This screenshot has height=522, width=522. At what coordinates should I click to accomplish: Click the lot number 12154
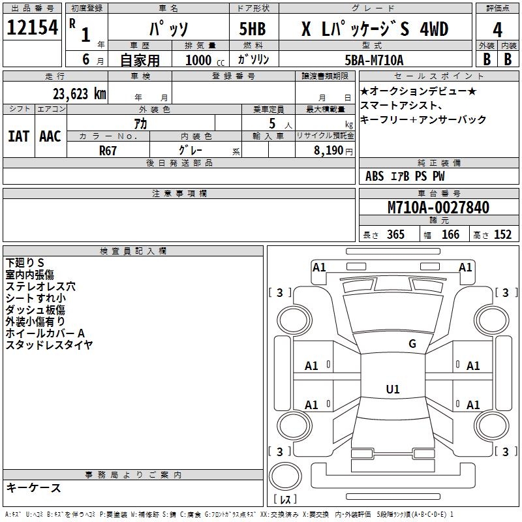33,27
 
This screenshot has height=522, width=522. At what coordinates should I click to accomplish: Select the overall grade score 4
497,30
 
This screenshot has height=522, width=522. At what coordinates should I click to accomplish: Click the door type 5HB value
253,30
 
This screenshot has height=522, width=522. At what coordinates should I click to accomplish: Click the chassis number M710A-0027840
438,208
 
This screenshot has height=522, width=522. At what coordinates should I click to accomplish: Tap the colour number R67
108,150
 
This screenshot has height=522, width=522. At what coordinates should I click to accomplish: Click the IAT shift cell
18,136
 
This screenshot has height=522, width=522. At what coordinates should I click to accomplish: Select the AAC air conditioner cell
50,136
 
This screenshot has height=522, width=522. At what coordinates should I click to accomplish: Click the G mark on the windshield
412,344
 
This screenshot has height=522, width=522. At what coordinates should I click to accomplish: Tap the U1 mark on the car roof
392,390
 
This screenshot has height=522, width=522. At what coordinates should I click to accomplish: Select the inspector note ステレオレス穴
40,286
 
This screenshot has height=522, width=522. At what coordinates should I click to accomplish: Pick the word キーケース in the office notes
33,488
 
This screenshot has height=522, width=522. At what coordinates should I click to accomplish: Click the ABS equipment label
375,176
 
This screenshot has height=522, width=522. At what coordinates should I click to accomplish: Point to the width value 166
450,235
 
